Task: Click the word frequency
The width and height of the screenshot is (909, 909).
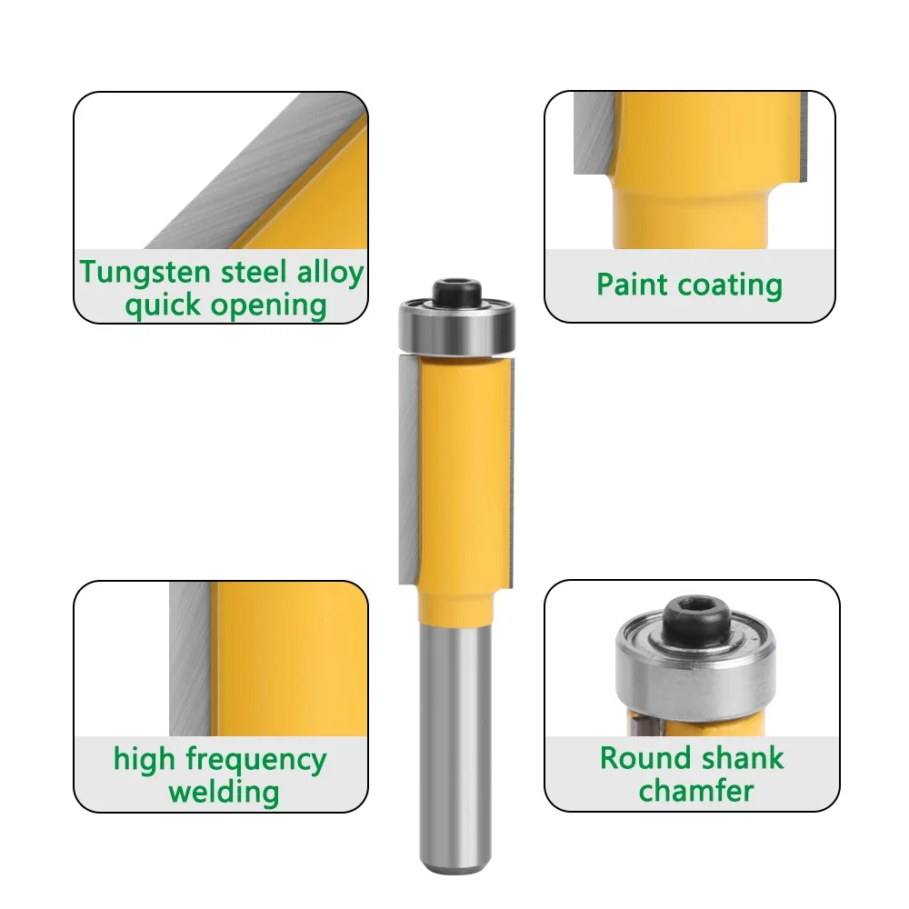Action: click(x=256, y=759)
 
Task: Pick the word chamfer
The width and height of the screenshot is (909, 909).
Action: click(x=695, y=790)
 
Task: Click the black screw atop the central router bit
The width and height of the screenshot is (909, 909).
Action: click(x=457, y=292)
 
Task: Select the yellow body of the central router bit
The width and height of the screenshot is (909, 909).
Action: click(x=459, y=473)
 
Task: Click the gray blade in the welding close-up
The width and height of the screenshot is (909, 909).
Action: click(x=190, y=654)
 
